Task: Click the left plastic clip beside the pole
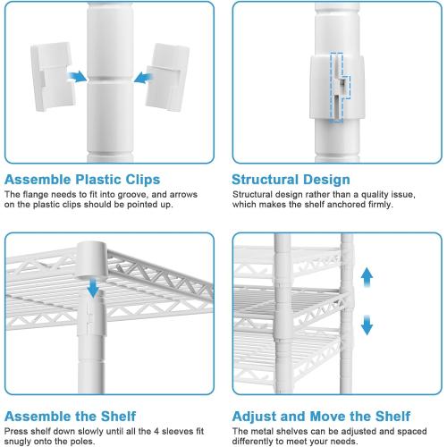click(53, 76)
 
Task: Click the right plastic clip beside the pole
click(167, 77)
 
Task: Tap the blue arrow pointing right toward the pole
click(77, 77)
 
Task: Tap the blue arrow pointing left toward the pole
click(144, 78)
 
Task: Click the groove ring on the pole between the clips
click(110, 80)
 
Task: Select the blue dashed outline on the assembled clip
click(340, 88)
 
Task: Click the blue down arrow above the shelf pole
click(93, 288)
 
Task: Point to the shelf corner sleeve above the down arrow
click(92, 258)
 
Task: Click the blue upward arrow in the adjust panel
click(367, 277)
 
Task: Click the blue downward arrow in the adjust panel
click(367, 325)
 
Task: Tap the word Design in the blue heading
click(323, 180)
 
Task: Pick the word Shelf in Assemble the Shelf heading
click(118, 416)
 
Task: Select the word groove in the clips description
click(133, 195)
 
